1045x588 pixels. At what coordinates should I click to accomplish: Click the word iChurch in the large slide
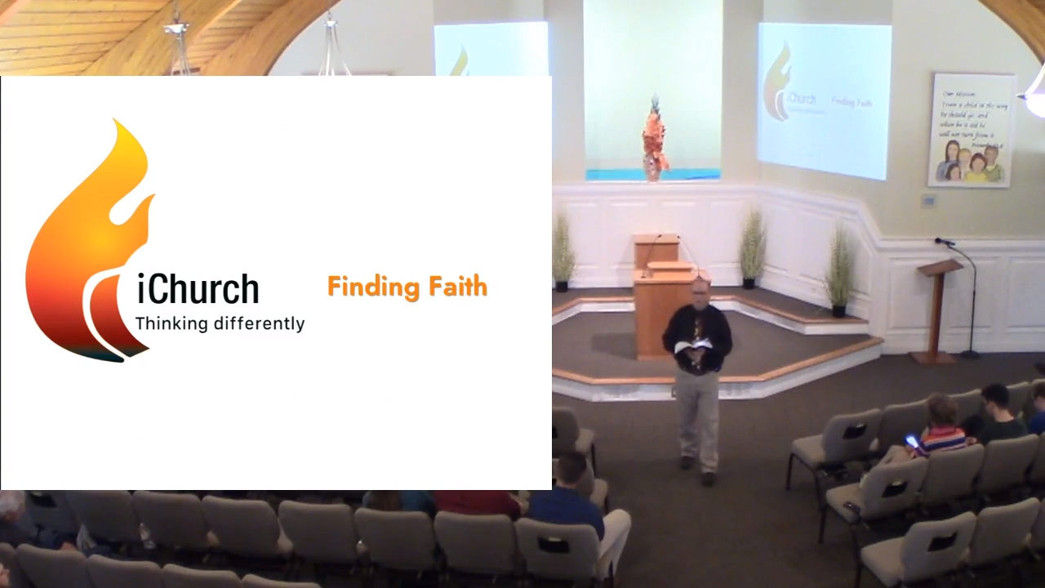pos(198,290)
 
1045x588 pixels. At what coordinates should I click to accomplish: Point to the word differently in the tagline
pos(259,323)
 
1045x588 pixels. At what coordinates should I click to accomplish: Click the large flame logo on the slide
pos(88,245)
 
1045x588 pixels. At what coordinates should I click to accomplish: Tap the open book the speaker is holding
pos(694,347)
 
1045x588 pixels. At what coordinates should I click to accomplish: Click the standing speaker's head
pos(700,288)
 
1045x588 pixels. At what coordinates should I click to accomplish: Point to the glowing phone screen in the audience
pos(911,442)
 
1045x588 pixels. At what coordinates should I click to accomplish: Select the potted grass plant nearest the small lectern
pos(838,269)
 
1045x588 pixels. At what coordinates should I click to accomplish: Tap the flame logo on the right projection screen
pos(777,82)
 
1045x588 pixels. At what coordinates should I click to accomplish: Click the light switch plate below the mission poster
pos(928,200)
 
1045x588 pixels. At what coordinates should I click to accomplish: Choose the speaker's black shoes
pos(698,470)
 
